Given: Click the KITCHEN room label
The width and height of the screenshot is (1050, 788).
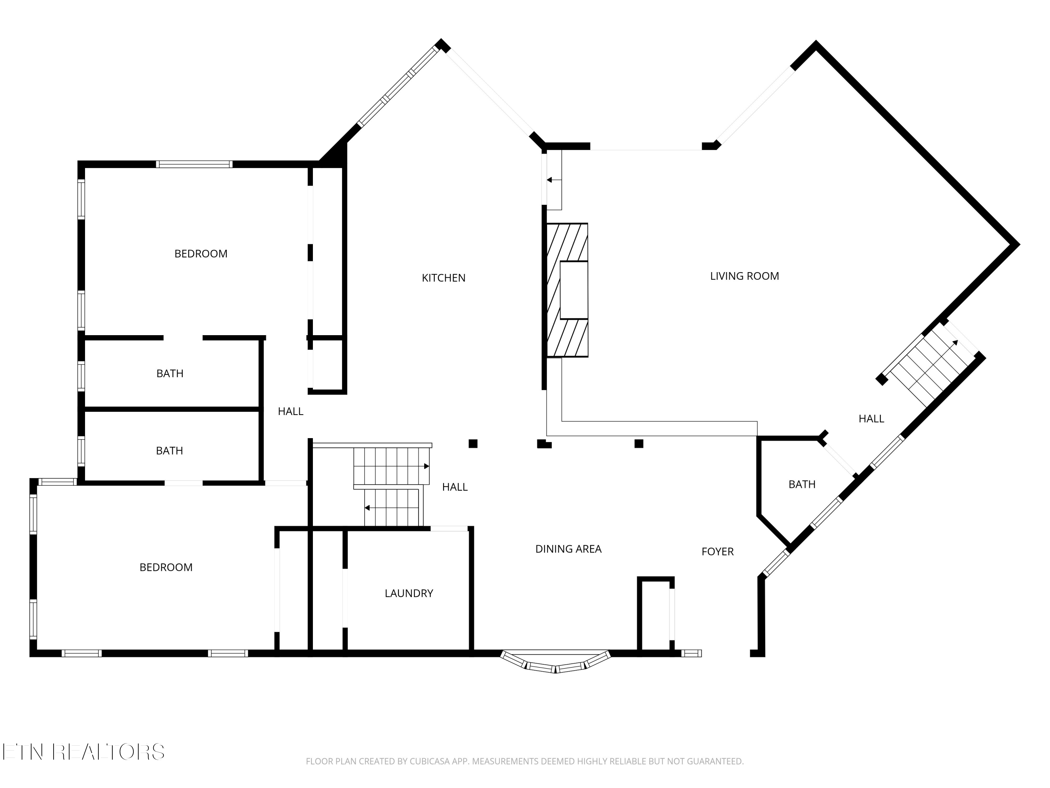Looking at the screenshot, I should click(x=443, y=278).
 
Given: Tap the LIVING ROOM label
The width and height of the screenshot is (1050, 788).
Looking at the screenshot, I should click(x=744, y=276).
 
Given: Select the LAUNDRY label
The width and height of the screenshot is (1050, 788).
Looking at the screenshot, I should click(x=409, y=593).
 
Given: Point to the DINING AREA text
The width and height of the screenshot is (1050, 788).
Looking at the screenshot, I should click(x=568, y=549).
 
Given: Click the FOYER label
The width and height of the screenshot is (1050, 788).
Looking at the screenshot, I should click(x=717, y=552).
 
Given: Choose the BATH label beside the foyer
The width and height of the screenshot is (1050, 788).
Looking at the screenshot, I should click(x=802, y=484).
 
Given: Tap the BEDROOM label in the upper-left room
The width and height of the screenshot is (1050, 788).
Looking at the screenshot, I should click(x=201, y=254).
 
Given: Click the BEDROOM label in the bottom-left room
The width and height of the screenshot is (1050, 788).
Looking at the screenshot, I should click(x=166, y=567).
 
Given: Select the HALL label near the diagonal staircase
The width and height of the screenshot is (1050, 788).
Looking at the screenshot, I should click(x=871, y=419).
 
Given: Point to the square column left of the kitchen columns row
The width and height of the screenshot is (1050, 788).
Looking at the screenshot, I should click(x=473, y=444).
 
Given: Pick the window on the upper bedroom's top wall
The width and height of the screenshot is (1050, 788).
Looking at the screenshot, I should click(x=194, y=164).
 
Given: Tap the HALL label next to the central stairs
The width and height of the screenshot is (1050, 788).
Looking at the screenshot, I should click(x=455, y=487).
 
